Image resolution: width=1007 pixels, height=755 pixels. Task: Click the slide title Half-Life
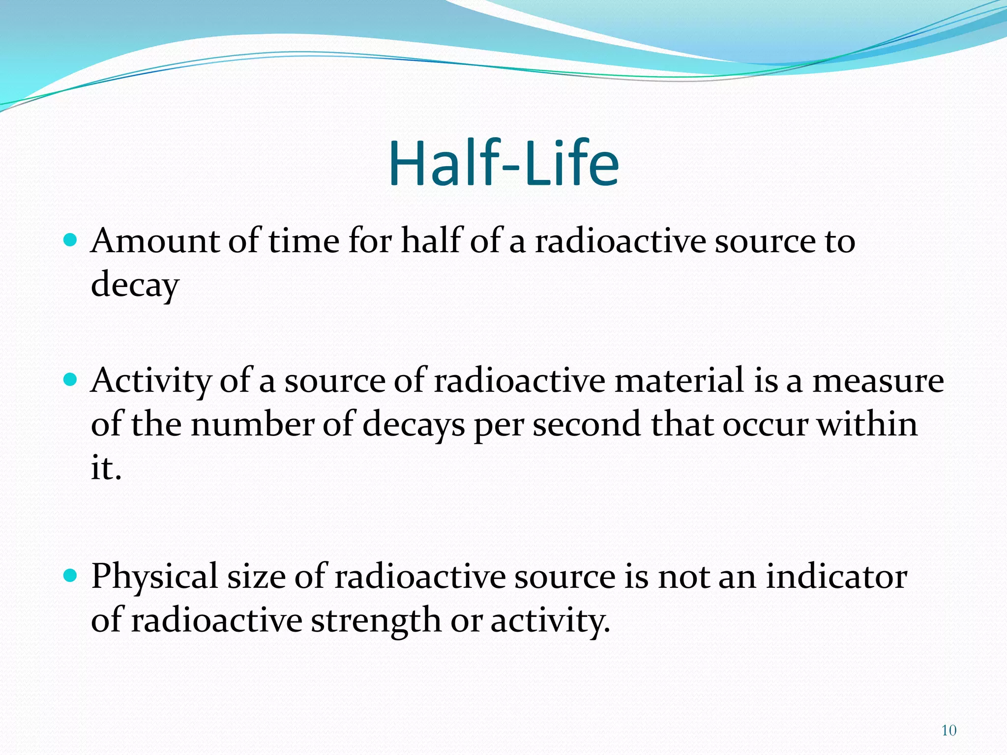503,164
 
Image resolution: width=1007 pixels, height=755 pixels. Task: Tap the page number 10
948,730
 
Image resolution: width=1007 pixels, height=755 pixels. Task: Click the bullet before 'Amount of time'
71,240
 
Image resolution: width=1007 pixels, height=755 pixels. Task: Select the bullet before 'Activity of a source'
71,379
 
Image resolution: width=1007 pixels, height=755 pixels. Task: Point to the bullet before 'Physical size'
71,575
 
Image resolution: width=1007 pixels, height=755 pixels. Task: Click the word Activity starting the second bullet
150,381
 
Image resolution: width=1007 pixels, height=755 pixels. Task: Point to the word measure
878,381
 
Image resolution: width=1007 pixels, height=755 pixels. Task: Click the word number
252,424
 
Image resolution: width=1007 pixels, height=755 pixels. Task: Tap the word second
587,424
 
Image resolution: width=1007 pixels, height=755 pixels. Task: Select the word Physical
154,576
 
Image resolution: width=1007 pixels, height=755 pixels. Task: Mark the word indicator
836,576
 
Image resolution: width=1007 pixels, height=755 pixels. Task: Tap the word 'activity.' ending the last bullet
550,620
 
